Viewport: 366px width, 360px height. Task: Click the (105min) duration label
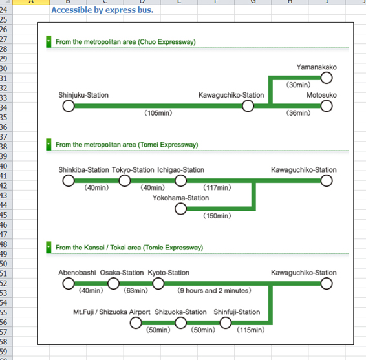click(x=158, y=113)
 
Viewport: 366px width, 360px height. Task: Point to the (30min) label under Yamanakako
click(x=298, y=85)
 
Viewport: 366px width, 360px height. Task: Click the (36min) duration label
click(x=298, y=113)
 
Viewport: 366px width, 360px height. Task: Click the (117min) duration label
click(x=217, y=188)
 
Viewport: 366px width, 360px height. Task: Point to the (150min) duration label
click(x=217, y=216)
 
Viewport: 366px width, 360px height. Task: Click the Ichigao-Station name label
click(x=180, y=170)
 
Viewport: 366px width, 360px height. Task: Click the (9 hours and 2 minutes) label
click(x=214, y=291)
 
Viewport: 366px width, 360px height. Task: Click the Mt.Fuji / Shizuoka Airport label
click(x=112, y=312)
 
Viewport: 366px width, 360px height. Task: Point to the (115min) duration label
click(x=251, y=330)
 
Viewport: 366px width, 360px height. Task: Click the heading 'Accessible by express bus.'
click(x=102, y=10)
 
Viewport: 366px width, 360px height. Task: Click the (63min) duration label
click(x=136, y=291)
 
